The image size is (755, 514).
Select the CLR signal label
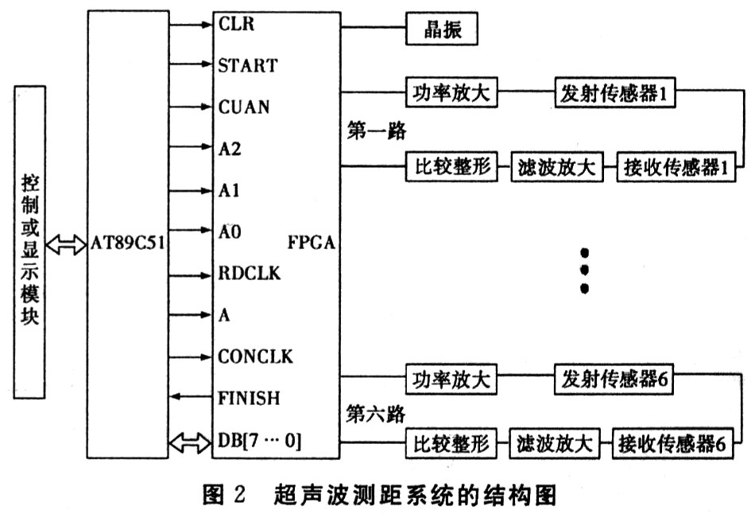[235, 24]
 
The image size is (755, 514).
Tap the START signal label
[247, 65]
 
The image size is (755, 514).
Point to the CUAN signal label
[243, 107]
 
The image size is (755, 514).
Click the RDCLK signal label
[250, 273]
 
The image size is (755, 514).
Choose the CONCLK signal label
[255, 356]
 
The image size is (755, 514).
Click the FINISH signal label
[249, 397]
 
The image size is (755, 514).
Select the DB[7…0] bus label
[259, 439]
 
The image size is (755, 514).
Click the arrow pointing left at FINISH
[192, 396]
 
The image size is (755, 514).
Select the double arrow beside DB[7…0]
[192, 439]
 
